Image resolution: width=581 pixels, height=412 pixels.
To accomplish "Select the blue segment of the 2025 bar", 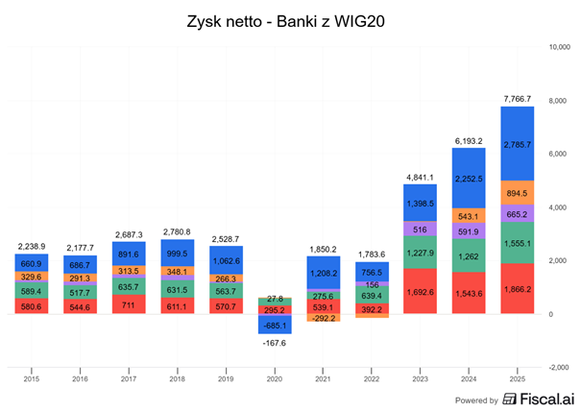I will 518,143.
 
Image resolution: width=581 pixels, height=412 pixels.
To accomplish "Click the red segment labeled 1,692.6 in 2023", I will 419,291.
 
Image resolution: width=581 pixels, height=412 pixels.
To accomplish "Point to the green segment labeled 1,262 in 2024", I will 469,256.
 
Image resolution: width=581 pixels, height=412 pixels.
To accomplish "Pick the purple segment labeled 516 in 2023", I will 419,230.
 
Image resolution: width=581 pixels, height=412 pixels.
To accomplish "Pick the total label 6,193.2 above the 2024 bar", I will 469,140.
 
